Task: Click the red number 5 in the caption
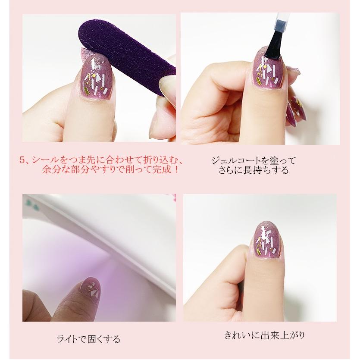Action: [22, 160]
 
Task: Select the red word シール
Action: [44, 160]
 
